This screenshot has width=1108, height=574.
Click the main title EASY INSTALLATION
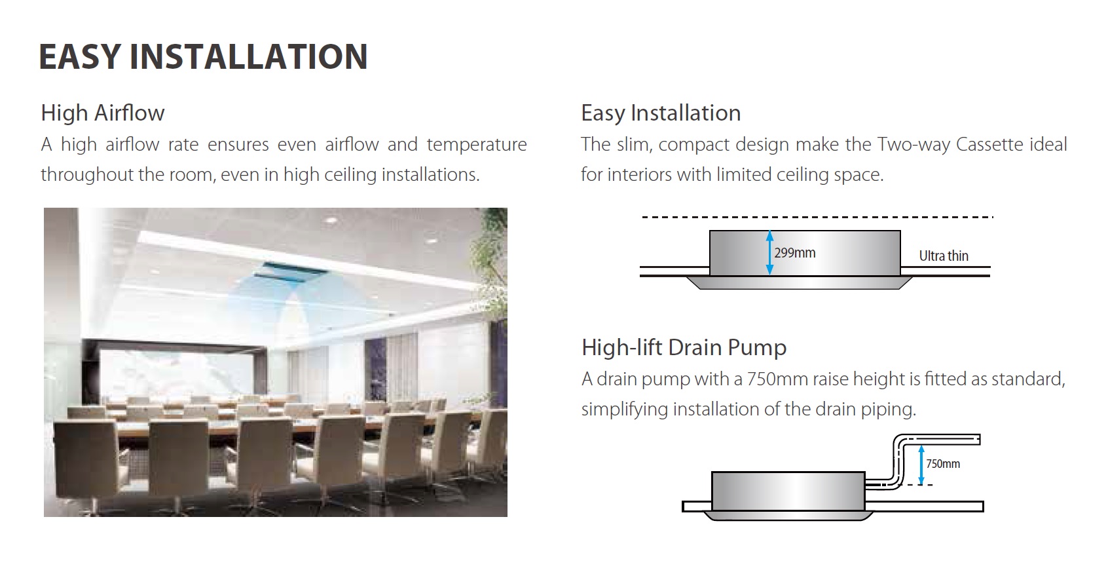pos(203,56)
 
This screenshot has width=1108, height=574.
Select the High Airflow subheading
pos(102,113)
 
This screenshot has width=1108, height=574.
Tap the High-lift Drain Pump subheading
pos(684,347)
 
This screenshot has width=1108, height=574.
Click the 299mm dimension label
pos(795,253)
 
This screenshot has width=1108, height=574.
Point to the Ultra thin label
pos(943,256)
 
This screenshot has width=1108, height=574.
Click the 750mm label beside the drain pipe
pos(943,464)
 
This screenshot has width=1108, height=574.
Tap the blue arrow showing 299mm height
pos(769,252)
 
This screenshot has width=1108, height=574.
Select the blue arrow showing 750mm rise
pos(921,465)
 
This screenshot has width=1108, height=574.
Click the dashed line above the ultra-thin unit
pos(817,217)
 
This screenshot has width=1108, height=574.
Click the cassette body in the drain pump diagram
pos(788,491)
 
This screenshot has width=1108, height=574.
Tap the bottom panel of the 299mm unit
pos(799,282)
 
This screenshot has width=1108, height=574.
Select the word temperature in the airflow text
pos(476,145)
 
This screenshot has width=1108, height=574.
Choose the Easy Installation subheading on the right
pos(661,113)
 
